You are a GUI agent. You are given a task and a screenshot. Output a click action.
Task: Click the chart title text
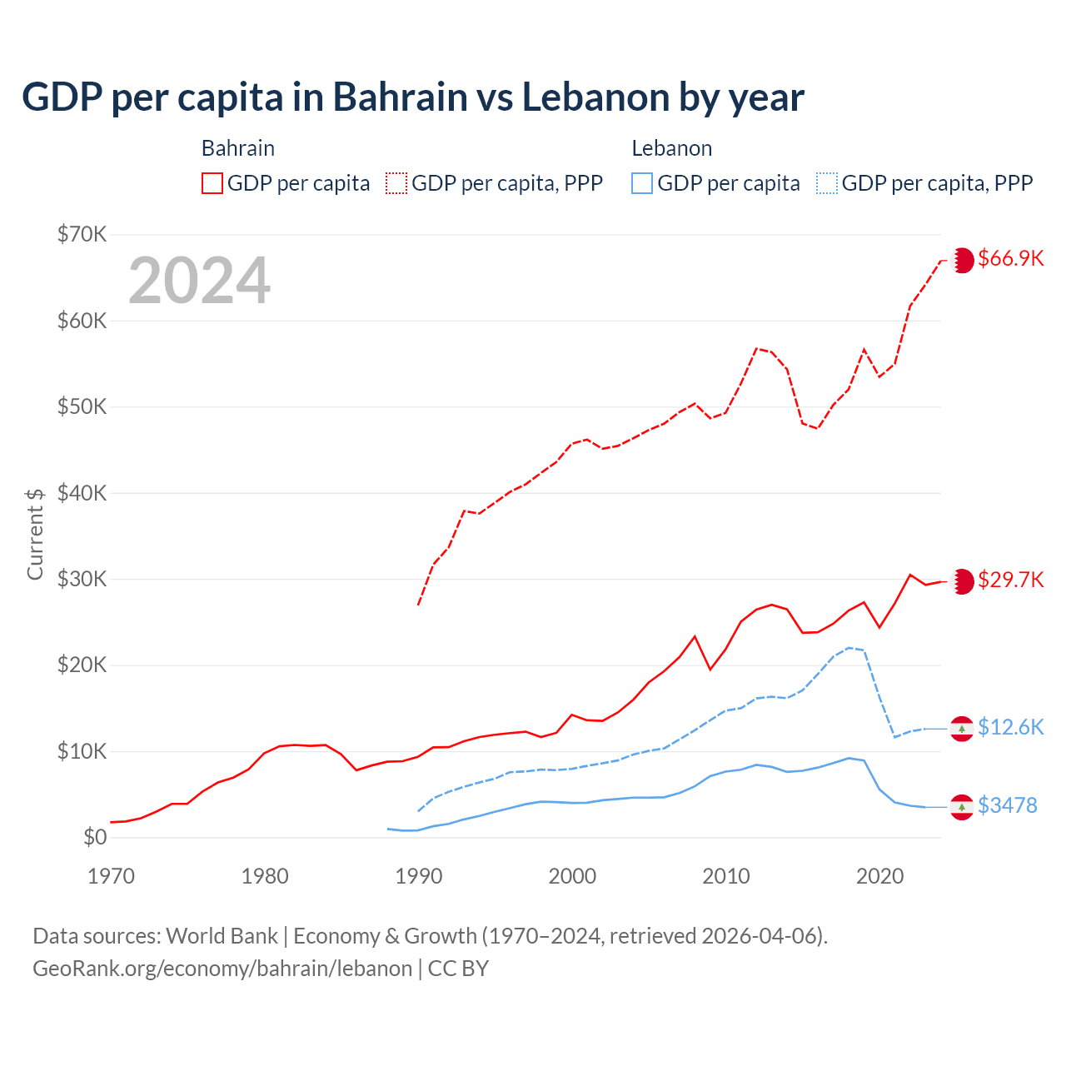(x=413, y=97)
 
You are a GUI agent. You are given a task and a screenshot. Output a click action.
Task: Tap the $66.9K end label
(x=1010, y=259)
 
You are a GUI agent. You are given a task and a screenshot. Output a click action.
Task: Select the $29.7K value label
(x=1010, y=580)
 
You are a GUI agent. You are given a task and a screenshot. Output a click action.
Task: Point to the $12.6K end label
(x=1010, y=727)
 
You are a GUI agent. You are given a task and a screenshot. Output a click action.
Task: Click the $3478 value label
(x=1007, y=805)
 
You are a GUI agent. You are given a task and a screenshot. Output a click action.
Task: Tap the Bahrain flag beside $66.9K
(x=963, y=260)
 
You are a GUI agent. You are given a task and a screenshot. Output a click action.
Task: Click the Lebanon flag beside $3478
(x=962, y=807)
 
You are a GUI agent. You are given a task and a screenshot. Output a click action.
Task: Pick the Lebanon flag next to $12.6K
(x=962, y=729)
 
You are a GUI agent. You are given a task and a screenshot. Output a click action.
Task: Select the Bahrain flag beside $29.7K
(x=963, y=581)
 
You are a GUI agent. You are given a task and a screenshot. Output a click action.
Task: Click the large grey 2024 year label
(x=200, y=281)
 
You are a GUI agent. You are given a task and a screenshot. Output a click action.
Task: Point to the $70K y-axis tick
(x=82, y=234)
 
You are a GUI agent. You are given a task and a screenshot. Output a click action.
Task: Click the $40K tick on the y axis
(x=82, y=493)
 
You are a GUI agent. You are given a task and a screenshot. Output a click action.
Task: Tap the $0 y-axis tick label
(x=95, y=837)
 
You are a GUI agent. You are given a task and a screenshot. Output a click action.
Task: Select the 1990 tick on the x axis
(x=418, y=876)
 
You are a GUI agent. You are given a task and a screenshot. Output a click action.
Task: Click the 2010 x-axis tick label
(x=725, y=876)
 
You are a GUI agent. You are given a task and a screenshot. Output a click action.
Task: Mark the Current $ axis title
(x=35, y=533)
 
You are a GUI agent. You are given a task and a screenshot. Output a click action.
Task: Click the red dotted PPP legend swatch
(x=396, y=183)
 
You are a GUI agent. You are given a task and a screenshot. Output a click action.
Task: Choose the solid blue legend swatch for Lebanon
(x=642, y=183)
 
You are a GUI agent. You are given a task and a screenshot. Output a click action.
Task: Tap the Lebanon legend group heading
(x=671, y=148)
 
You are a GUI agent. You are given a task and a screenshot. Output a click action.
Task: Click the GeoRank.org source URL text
(x=222, y=969)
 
